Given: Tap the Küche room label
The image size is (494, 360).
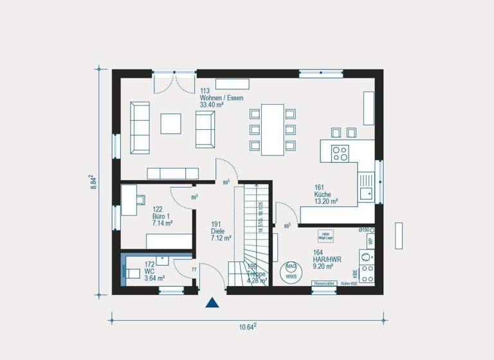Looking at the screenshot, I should pyautogui.click(x=322, y=194).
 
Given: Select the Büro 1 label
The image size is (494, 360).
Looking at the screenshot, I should pyautogui.click(x=161, y=217).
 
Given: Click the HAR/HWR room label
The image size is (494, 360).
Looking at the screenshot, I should pyautogui.click(x=327, y=259).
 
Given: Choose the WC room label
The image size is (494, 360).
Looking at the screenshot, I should pyautogui.click(x=149, y=271).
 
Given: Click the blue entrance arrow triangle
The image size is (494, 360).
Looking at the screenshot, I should pyautogui.click(x=212, y=303).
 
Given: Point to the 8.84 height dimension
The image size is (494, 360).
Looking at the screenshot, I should pyautogui.click(x=93, y=181).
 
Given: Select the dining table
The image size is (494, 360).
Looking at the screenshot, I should pyautogui.click(x=272, y=129).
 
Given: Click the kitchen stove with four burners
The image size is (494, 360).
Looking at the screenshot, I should pyautogui.click(x=339, y=153).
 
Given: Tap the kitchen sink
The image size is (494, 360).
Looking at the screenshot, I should pyautogui.click(x=367, y=190).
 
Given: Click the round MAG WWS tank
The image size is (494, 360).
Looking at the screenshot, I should pyautogui.click(x=291, y=270).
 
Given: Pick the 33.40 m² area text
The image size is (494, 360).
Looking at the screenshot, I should pyautogui.click(x=212, y=105).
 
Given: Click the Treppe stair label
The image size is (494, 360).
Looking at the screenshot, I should pyautogui.click(x=257, y=274).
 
